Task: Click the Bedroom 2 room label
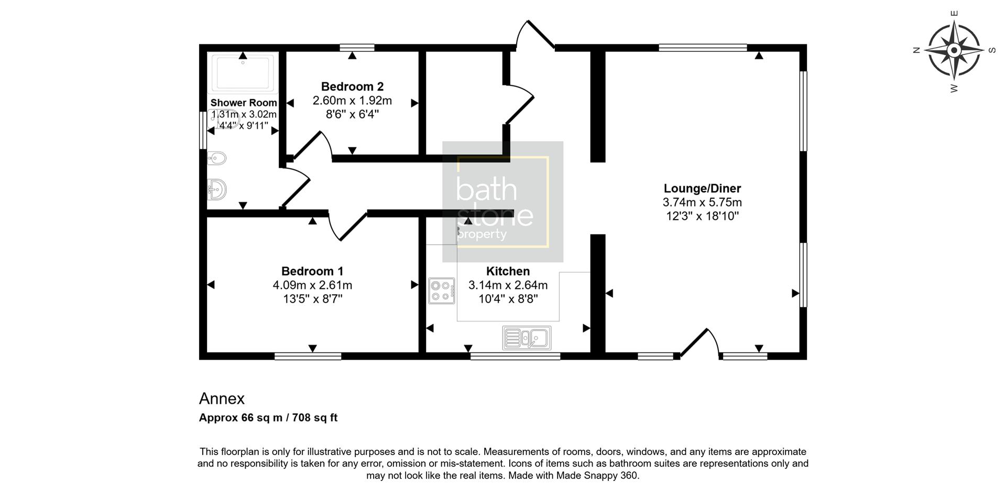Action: (352, 87)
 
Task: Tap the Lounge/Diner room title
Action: (702, 188)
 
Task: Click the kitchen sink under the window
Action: (527, 338)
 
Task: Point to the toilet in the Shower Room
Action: (217, 158)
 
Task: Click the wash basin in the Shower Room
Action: (217, 189)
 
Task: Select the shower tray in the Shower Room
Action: (243, 73)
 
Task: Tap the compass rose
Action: (954, 51)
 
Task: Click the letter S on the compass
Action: (991, 51)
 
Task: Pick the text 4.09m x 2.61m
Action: (312, 285)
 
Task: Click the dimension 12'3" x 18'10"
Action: (702, 216)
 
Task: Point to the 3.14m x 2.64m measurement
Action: (508, 285)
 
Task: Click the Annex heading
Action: (222, 399)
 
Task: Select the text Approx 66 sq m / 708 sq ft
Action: (268, 418)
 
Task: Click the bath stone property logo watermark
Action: (502, 202)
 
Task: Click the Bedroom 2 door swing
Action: (314, 144)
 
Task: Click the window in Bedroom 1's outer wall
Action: (308, 356)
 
